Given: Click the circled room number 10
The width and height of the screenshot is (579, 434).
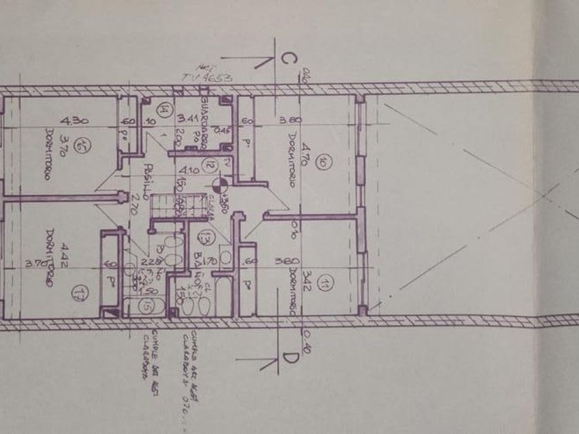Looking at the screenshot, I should pyautogui.click(x=322, y=163).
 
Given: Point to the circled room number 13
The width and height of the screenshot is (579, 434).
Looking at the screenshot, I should pyautogui.click(x=205, y=238).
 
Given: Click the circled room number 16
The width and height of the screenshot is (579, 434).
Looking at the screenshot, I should pyautogui.click(x=83, y=145).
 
